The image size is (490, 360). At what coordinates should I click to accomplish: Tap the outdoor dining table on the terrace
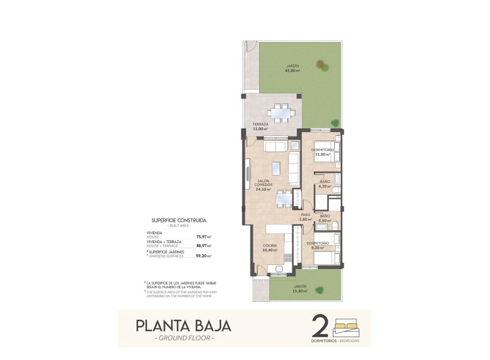tap(282, 113)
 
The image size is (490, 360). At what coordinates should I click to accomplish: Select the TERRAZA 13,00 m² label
tap(260, 127)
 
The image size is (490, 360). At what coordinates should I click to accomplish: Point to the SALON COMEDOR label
tap(263, 185)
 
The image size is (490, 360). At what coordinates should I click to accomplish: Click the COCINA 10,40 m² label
tap(269, 249)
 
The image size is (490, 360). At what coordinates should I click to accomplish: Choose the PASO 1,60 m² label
tap(305, 217)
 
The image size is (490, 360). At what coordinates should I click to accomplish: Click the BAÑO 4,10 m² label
tap(325, 184)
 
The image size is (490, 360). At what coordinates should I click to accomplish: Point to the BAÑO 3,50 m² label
tap(325, 218)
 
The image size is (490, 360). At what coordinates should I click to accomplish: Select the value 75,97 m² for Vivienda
tap(203, 237)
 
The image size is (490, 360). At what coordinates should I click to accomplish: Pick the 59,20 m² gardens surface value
tap(203, 256)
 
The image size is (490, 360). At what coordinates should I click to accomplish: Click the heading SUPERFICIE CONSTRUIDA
tap(178, 220)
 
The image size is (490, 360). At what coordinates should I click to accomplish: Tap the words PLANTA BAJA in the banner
tap(184, 325)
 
